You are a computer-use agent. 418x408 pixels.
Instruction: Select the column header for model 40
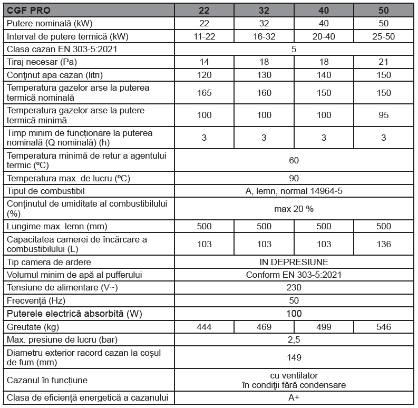(324, 10)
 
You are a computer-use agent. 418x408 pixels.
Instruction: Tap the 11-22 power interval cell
(204, 37)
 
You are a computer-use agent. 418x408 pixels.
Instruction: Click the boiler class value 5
(294, 50)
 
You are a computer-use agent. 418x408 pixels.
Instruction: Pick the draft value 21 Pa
(384, 62)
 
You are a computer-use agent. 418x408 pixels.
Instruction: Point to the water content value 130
(264, 75)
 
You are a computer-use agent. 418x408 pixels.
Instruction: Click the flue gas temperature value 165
(204, 93)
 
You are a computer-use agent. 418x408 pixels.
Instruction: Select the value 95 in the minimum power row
(384, 115)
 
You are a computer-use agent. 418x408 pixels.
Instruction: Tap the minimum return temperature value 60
(294, 160)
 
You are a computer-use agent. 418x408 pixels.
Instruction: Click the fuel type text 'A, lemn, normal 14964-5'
(294, 191)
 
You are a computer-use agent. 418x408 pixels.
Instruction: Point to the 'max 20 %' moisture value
(294, 209)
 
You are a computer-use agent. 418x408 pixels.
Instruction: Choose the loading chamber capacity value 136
(384, 244)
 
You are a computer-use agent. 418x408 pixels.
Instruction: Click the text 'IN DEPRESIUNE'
(294, 262)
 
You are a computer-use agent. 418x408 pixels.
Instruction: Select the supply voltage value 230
(294, 288)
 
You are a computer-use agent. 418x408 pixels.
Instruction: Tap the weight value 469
(264, 327)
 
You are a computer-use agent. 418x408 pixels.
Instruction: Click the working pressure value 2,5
(294, 339)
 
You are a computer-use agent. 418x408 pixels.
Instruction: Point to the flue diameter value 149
(294, 357)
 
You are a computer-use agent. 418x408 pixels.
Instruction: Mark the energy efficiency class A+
(294, 398)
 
